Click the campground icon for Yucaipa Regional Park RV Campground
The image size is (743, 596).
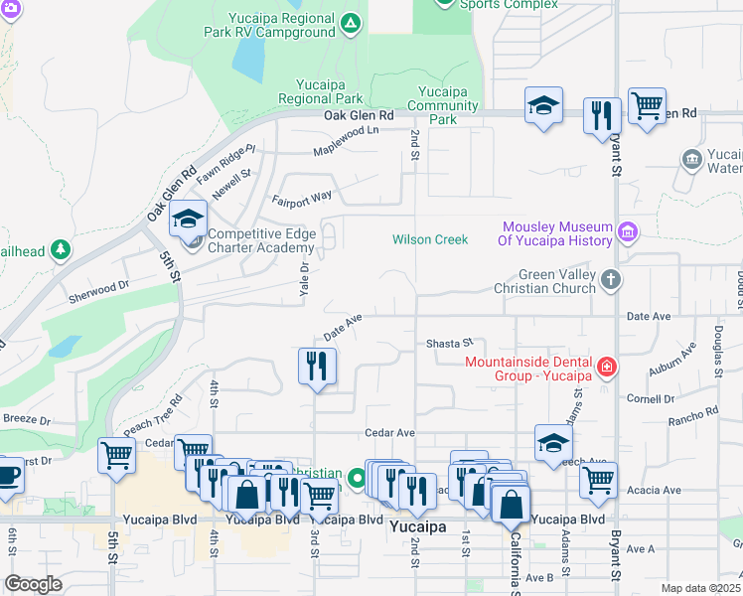pyautogui.click(x=350, y=23)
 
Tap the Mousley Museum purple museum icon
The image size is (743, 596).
pyautogui.click(x=627, y=232)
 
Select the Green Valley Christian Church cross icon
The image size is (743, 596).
pyautogui.click(x=611, y=281)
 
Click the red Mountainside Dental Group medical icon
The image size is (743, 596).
pyautogui.click(x=605, y=370)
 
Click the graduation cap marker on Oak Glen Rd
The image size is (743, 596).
pyautogui.click(x=543, y=106)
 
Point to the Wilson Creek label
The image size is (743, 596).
pyautogui.click(x=429, y=239)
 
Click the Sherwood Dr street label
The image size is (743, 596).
pyautogui.click(x=98, y=284)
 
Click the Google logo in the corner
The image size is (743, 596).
pyautogui.click(x=33, y=583)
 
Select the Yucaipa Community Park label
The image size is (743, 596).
pyautogui.click(x=442, y=105)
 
